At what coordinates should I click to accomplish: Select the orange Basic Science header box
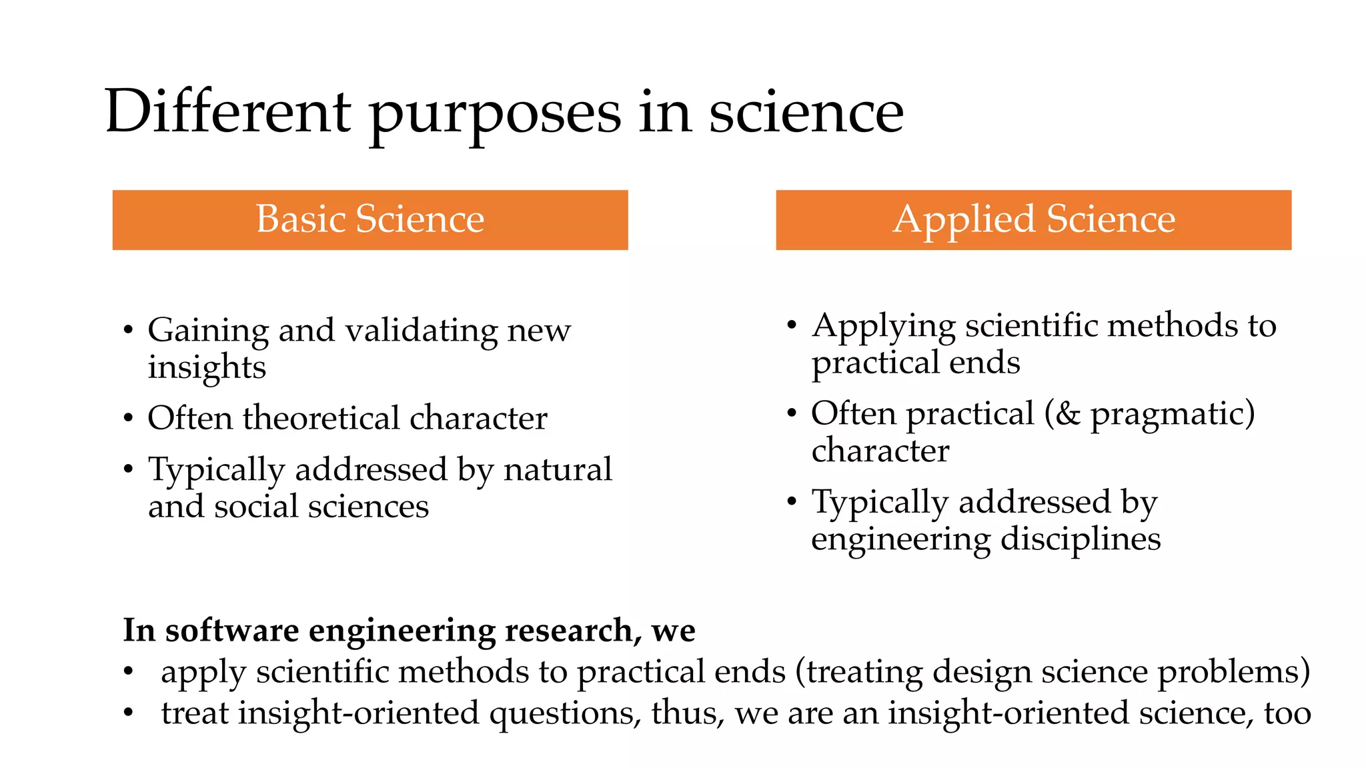(370, 220)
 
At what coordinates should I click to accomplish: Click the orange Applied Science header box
(1033, 220)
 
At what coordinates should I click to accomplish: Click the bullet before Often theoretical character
(128, 419)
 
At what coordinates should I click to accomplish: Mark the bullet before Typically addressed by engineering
(792, 501)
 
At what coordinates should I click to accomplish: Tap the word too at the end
(1287, 713)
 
